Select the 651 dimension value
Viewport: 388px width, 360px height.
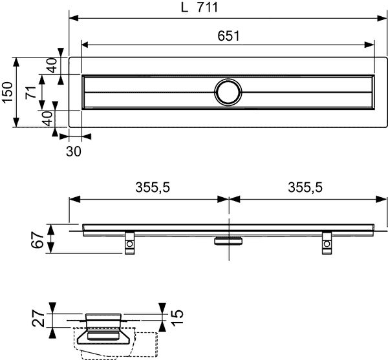(x=228, y=37)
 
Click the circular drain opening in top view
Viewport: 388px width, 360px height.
(x=228, y=92)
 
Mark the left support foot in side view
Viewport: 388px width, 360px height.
(x=130, y=244)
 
